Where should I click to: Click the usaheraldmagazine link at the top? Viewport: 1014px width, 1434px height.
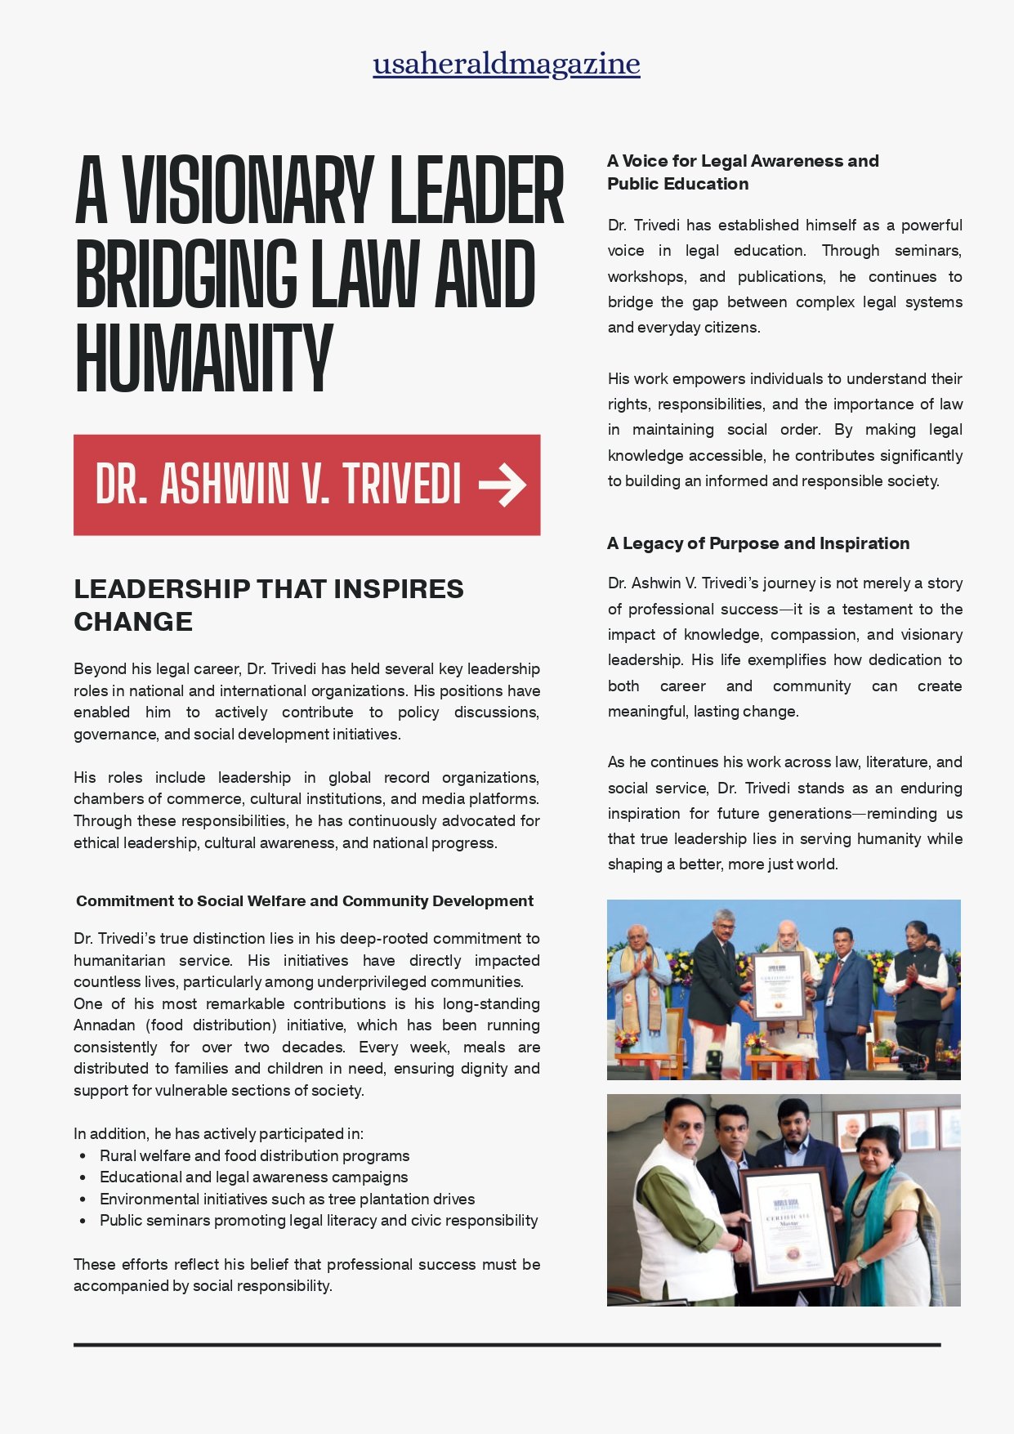point(506,64)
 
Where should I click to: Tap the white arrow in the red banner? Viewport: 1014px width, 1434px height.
point(503,485)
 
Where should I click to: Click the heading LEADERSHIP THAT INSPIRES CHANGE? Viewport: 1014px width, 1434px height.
point(268,605)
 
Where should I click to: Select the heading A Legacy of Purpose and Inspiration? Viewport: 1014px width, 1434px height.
point(757,543)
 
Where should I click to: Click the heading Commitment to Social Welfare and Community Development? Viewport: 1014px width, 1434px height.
point(304,900)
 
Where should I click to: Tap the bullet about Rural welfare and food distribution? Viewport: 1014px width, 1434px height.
point(254,1155)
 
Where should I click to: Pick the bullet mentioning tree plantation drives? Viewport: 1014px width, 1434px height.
point(287,1199)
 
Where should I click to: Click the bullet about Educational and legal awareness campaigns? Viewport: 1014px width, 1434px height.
point(253,1177)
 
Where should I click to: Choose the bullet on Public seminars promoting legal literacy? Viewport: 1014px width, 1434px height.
point(319,1220)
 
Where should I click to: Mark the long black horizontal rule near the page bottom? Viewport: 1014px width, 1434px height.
point(507,1344)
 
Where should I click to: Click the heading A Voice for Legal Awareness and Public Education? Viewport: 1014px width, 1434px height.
point(742,172)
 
